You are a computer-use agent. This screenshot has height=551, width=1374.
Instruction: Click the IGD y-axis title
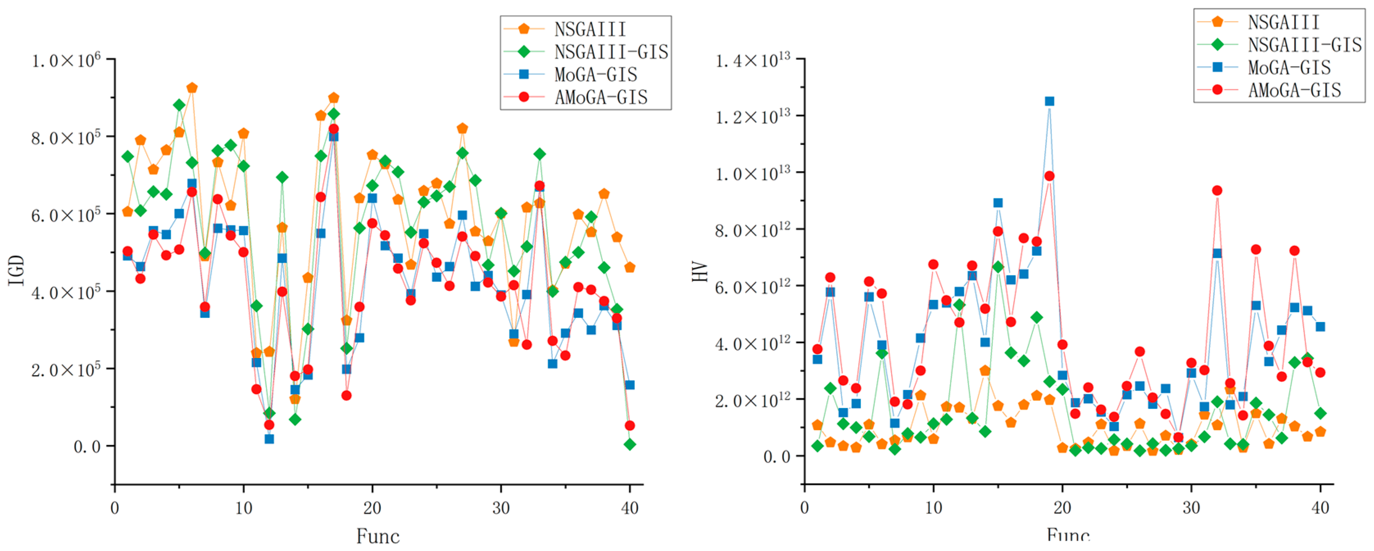pos(17,270)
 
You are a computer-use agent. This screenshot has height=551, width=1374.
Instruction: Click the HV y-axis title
pos(700,272)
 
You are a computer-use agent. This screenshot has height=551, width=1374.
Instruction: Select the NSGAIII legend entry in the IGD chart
pos(590,29)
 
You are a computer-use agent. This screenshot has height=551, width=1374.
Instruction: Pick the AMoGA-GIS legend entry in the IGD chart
pos(601,97)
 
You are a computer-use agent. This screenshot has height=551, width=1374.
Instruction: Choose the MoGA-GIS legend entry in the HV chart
pos(1289,68)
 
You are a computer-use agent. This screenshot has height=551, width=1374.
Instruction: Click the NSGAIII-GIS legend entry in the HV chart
pos(1304,45)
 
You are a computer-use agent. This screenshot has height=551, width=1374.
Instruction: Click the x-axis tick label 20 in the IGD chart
pos(372,508)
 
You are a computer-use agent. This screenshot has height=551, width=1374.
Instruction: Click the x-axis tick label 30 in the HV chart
pos(1191,508)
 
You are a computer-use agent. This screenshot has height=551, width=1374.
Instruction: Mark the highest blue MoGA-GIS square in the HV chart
pos(1049,101)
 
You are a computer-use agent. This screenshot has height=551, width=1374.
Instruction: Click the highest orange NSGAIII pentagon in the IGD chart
pos(192,88)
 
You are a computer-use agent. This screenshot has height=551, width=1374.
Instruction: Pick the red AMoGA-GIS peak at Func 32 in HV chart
pos(1217,190)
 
